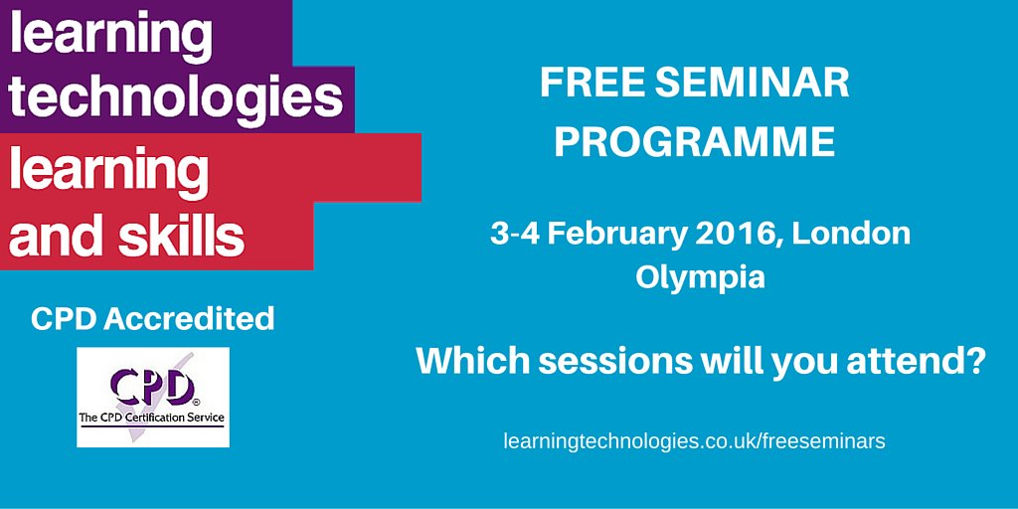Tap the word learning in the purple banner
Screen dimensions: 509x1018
pos(111,35)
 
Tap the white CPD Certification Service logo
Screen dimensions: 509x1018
pos(153,397)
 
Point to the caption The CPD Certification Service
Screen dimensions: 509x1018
pos(152,419)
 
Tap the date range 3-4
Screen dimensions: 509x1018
pos(516,234)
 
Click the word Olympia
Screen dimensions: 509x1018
pos(700,276)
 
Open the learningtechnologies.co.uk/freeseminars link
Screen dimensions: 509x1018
pos(694,440)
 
